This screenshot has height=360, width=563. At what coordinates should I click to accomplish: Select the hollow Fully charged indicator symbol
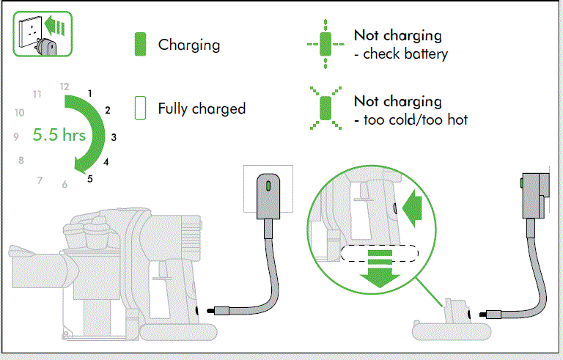point(141,109)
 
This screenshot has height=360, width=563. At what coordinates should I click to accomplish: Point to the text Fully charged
point(202,109)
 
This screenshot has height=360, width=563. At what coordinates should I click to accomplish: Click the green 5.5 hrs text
point(59,136)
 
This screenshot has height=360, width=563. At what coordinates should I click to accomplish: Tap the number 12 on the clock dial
point(65,87)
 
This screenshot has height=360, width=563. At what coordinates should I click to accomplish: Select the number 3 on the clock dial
point(114,136)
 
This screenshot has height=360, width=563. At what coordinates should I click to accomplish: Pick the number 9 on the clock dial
point(15,136)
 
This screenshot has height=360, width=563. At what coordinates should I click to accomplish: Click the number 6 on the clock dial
point(65,185)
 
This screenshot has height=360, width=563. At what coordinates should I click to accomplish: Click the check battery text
point(405,54)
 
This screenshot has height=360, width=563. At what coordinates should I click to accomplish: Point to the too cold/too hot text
point(416,120)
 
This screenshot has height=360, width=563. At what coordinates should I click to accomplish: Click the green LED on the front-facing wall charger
point(269,186)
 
